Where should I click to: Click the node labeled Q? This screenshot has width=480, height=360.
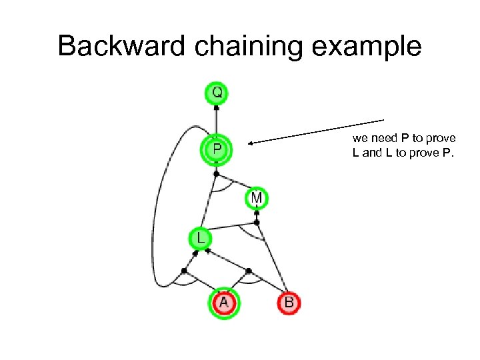(x=217, y=93)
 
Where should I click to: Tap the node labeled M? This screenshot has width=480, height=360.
(x=257, y=198)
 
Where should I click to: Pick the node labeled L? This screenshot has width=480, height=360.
(x=200, y=237)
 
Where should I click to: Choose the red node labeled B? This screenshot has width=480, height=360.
(x=289, y=303)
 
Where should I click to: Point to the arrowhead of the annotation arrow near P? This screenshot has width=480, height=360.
(x=251, y=142)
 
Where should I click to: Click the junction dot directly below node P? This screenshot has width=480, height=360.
(x=216, y=173)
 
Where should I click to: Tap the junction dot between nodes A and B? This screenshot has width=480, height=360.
(x=249, y=271)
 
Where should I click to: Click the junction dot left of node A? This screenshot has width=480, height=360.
(x=184, y=271)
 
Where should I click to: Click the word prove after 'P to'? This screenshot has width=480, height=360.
(x=441, y=139)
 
